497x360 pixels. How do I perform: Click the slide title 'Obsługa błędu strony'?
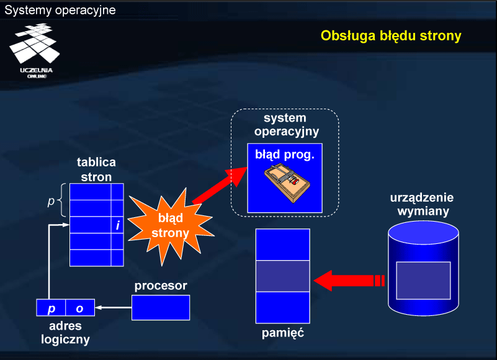391,36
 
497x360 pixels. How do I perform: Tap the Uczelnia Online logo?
35,51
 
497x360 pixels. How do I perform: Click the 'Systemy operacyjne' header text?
60,10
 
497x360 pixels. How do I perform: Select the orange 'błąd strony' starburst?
171,226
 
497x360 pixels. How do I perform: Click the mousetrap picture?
287,182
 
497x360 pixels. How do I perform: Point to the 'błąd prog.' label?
285,155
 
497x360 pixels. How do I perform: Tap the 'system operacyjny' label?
286,125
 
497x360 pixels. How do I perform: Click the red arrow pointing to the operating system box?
220,186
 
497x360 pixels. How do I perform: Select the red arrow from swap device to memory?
349,281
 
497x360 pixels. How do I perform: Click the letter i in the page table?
118,225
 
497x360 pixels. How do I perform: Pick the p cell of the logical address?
51,308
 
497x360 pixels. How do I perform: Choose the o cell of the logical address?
80,308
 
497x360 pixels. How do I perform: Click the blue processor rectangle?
161,308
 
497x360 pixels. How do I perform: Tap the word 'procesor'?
161,286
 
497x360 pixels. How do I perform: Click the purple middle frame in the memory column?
283,276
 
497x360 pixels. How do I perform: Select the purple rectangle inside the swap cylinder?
423,281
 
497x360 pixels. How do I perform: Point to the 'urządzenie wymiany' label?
423,204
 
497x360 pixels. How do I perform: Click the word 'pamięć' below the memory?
283,333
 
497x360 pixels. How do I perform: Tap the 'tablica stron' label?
96,169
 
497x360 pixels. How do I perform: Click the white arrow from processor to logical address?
113,307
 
